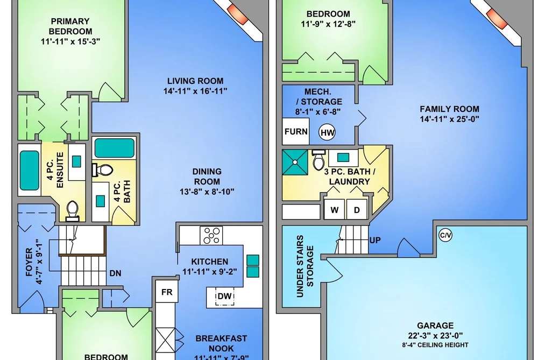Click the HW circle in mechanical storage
(327, 132)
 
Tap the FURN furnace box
(296, 131)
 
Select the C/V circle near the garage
(445, 235)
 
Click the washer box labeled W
(334, 209)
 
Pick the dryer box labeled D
(357, 209)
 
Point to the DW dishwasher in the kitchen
(224, 297)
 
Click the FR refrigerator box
(167, 292)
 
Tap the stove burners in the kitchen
(211, 235)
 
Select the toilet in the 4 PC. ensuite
(72, 211)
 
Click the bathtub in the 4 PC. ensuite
(29, 170)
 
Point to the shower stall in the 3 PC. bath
(295, 162)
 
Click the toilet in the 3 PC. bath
(317, 160)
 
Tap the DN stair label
(115, 273)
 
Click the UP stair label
(375, 240)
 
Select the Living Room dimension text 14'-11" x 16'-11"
(195, 91)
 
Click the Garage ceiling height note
(435, 345)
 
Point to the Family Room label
(449, 109)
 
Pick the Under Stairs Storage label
(305, 266)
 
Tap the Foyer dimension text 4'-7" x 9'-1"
(39, 262)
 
